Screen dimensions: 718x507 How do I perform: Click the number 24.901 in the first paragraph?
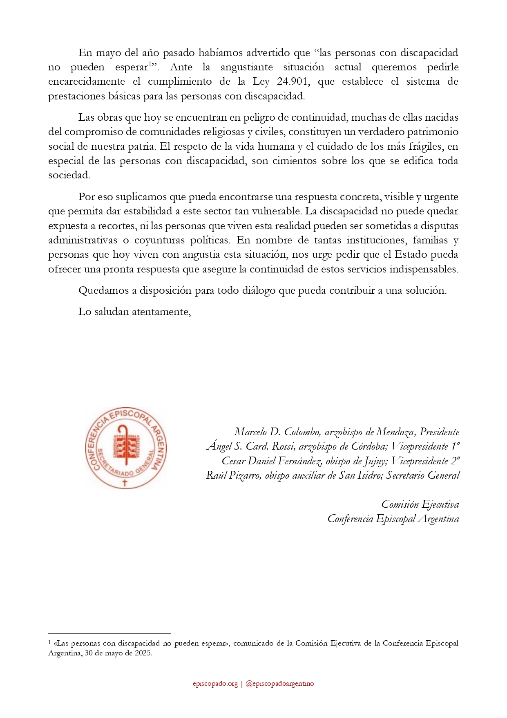point(292,81)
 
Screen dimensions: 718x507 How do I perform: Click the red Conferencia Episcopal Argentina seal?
point(125,448)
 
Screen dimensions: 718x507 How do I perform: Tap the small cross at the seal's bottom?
point(125,483)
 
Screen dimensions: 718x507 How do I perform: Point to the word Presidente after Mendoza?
point(440,432)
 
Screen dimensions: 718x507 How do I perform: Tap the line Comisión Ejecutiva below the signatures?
point(420,504)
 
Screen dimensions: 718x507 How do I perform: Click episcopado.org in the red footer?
point(215,684)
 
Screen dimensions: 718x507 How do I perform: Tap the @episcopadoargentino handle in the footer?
point(280,684)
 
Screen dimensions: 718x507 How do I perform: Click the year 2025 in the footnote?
point(143,653)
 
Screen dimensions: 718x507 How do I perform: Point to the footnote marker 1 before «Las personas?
point(49,642)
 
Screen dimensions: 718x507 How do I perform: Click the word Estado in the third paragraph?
point(409,254)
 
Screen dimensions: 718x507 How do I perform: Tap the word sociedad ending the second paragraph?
point(69,175)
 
